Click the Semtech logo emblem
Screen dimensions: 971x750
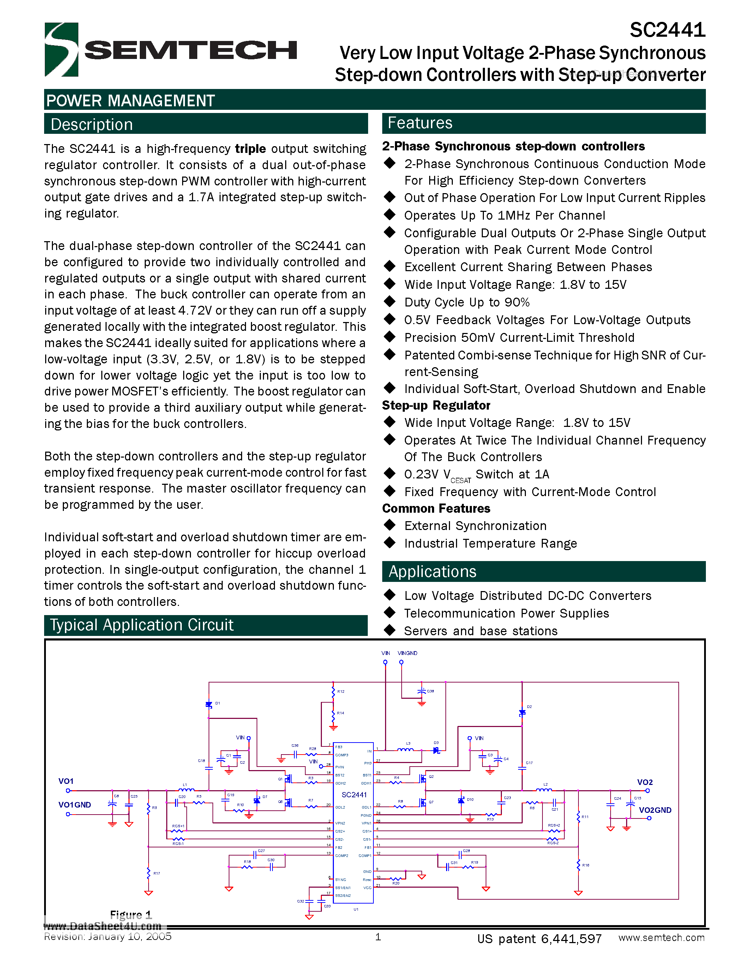(x=61, y=49)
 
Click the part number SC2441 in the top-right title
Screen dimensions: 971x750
(x=667, y=30)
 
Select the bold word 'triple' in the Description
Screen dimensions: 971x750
(x=250, y=149)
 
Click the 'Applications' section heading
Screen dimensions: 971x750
(x=432, y=571)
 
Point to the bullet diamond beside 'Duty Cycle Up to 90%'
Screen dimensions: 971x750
(x=390, y=302)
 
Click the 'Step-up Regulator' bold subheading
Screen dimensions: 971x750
(x=436, y=405)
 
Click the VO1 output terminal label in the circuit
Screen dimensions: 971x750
(x=66, y=781)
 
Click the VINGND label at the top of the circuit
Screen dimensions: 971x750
(x=407, y=653)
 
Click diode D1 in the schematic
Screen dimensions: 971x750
(x=209, y=705)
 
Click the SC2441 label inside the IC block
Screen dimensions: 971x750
(x=354, y=794)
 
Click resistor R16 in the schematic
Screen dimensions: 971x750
(x=578, y=865)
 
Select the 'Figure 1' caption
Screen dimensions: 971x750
(x=131, y=915)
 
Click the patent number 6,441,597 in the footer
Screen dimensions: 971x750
(x=571, y=939)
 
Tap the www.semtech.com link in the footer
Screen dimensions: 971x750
(x=661, y=938)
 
